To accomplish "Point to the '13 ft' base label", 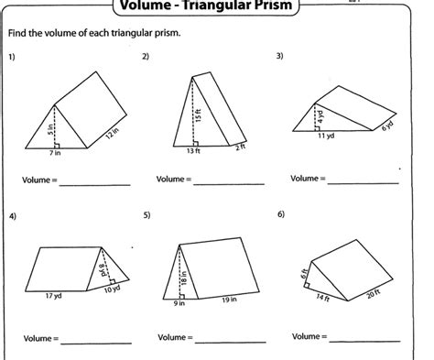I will [192, 151].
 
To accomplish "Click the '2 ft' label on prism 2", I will [240, 147].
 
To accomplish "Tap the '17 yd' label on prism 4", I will [53, 296].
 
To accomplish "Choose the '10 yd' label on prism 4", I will [111, 289].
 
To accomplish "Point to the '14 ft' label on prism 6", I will [323, 296].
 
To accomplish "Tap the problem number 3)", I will [280, 56].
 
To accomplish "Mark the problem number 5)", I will [146, 215].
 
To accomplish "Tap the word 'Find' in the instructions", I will [19, 35].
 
